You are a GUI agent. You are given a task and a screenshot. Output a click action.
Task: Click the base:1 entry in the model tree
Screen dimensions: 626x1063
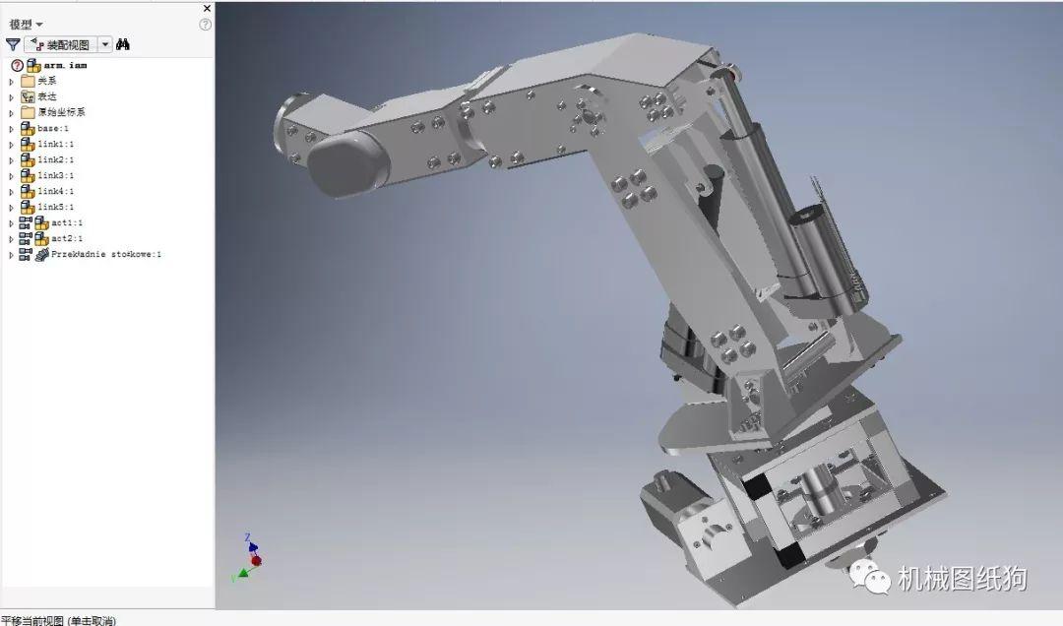tap(53, 128)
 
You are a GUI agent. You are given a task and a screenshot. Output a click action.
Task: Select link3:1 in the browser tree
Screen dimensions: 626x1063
tap(55, 175)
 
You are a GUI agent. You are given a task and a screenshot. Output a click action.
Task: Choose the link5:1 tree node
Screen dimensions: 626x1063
tap(55, 207)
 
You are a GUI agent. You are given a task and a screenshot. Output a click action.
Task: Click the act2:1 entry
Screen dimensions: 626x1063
tap(67, 238)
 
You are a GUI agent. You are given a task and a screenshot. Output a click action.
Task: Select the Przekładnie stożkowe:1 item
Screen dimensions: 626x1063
tap(105, 254)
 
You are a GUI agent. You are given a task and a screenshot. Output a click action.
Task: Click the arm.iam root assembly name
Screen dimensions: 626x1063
tap(65, 65)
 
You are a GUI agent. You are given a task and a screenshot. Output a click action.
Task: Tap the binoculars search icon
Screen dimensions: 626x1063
tap(123, 44)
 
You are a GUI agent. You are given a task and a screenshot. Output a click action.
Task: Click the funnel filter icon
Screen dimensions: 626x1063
tap(13, 44)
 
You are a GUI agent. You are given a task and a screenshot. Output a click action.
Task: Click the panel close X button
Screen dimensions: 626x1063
tap(207, 8)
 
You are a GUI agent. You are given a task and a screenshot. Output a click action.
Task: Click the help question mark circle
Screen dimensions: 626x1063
tap(206, 24)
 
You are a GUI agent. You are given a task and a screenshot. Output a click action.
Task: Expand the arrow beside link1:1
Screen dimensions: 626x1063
tap(12, 145)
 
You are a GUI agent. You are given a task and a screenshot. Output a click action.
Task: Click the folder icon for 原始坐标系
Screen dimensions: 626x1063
tap(28, 112)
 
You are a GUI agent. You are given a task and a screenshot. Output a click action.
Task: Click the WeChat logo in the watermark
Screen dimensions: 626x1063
tap(870, 578)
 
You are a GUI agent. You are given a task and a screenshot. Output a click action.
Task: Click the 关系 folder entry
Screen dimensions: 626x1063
tap(46, 81)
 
